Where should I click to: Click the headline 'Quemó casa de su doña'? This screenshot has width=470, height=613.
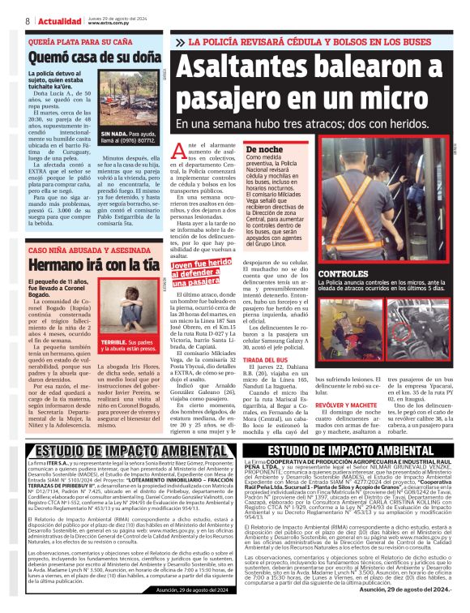(94, 58)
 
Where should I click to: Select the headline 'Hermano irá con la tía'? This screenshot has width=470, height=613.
(94, 265)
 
